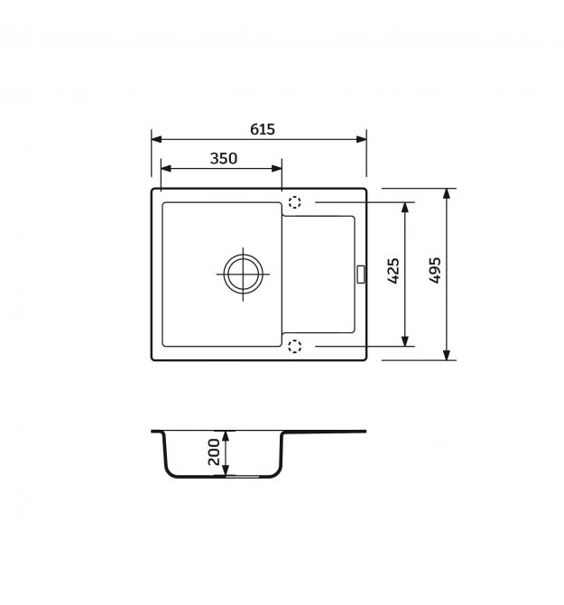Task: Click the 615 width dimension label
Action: [x=262, y=129]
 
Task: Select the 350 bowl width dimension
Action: [x=224, y=158]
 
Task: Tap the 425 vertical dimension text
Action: [x=393, y=271]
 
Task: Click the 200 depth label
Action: [x=214, y=451]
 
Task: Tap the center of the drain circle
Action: [x=243, y=274]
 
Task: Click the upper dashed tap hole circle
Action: [x=294, y=201]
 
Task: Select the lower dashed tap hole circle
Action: [x=294, y=346]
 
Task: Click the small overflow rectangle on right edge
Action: [x=361, y=275]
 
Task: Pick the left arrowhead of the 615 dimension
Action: [x=156, y=139]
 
